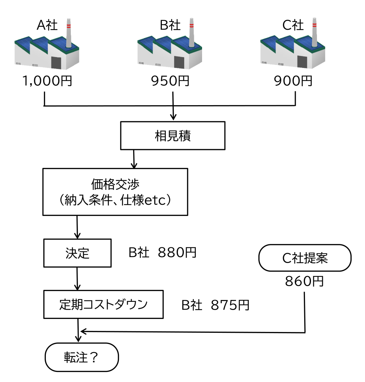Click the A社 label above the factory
point(47,25)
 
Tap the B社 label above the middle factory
point(170,25)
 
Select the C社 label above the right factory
point(293,25)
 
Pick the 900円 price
point(293,81)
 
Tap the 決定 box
point(77,253)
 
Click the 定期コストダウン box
point(103,304)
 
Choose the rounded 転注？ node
point(81,357)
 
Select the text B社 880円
point(162,253)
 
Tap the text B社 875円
point(215,305)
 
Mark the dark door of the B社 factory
point(179,62)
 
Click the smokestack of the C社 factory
point(314,33)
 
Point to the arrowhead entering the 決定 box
point(77,236)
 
